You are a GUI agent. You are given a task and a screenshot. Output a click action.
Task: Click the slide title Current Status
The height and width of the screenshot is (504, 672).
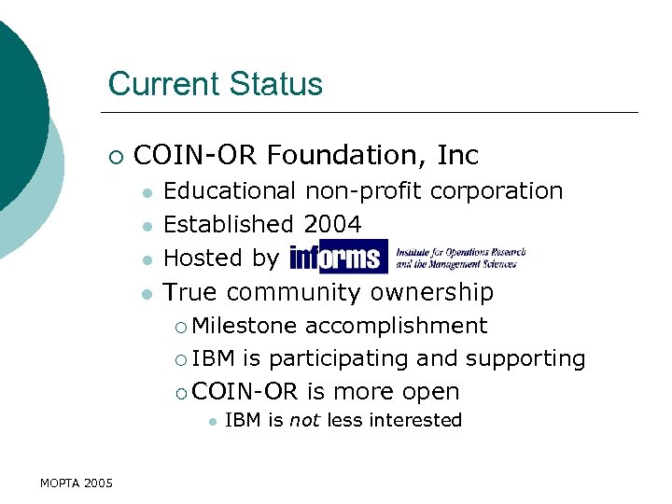pyautogui.click(x=215, y=84)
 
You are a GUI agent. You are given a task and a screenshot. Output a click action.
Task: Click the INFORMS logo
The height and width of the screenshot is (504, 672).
pyautogui.click(x=338, y=257)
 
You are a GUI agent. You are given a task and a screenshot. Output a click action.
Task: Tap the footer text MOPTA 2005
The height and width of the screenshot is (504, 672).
pyautogui.click(x=77, y=483)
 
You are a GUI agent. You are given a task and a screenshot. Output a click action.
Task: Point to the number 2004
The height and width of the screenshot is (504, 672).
pyautogui.click(x=332, y=224)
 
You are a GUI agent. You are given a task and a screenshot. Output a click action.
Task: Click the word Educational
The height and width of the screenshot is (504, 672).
pyautogui.click(x=230, y=190)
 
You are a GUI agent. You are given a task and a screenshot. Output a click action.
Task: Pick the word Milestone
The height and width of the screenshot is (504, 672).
pyautogui.click(x=245, y=326)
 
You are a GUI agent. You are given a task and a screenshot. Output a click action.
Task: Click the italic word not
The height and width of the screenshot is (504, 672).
pyautogui.click(x=304, y=420)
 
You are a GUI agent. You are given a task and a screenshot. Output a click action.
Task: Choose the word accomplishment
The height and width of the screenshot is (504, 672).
pyautogui.click(x=396, y=326)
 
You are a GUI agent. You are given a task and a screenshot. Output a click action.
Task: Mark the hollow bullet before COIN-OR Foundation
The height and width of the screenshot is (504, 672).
pyautogui.click(x=114, y=155)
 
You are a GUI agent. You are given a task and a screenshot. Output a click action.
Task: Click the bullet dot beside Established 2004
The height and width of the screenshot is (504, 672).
pyautogui.click(x=147, y=226)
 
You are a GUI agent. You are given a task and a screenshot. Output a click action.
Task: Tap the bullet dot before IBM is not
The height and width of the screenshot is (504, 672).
pyautogui.click(x=212, y=421)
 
